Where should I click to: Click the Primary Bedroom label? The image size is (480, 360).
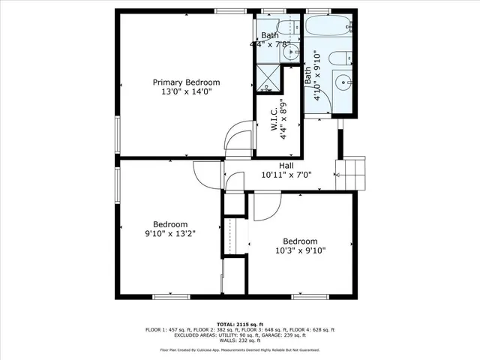(186, 82)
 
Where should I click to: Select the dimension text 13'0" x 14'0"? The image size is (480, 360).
(186, 92)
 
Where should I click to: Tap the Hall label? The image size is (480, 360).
(286, 166)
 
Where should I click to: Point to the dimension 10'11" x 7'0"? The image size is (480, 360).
(286, 175)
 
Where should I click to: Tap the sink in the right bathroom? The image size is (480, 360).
(343, 82)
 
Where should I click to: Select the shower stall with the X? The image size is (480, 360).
(266, 77)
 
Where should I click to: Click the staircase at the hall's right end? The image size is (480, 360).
(351, 174)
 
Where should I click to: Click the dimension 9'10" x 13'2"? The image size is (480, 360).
(170, 234)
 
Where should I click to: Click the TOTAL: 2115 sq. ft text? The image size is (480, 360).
(239, 324)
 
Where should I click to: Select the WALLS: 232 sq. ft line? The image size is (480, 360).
(239, 340)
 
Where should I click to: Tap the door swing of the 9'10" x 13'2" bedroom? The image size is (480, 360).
(204, 175)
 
